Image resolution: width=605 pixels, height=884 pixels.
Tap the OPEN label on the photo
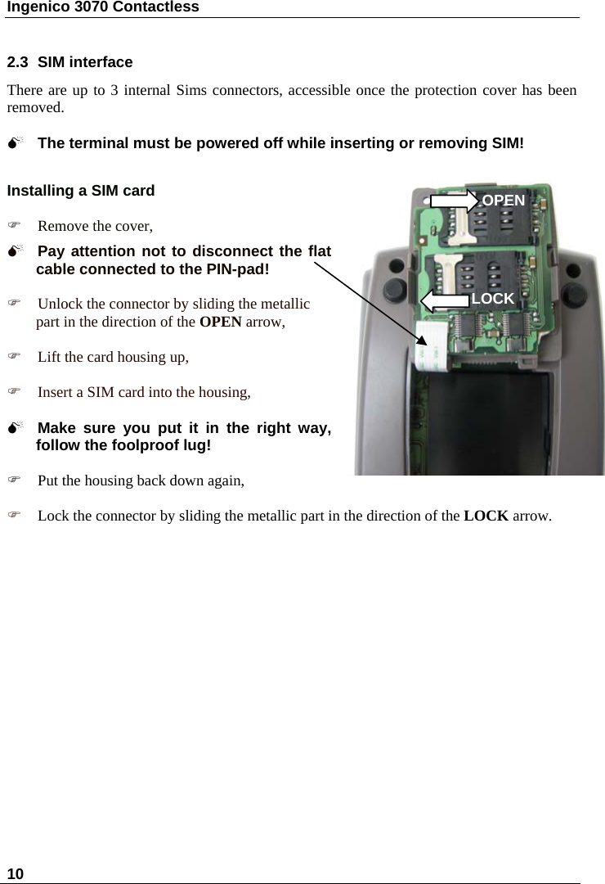(x=504, y=201)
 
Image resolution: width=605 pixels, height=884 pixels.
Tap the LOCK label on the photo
(x=493, y=300)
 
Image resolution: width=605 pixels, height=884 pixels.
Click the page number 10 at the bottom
(x=15, y=873)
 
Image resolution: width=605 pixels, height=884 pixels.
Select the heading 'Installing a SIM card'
(x=81, y=191)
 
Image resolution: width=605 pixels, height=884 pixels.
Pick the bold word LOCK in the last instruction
(x=486, y=516)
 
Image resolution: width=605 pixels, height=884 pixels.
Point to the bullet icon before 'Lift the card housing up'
(x=12, y=357)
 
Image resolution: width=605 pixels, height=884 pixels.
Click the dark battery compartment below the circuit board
(x=466, y=417)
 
